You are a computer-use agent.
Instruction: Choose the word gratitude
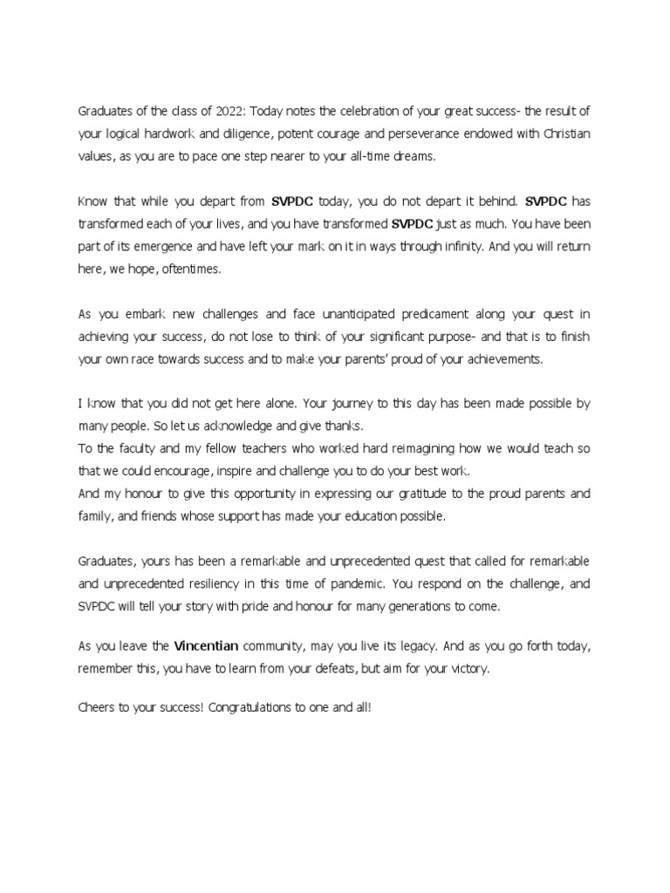click(407, 494)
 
